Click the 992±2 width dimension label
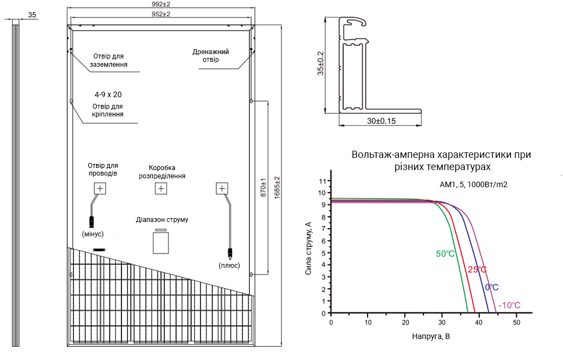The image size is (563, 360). (x=161, y=4)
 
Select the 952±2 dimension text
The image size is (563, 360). (x=161, y=14)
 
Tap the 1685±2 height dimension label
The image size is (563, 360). (x=277, y=187)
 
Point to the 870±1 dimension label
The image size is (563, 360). (x=263, y=187)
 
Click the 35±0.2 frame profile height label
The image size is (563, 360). (x=321, y=63)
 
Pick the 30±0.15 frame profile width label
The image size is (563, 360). (x=381, y=121)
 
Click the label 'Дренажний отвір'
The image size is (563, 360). (x=211, y=56)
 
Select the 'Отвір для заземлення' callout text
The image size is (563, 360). (x=108, y=60)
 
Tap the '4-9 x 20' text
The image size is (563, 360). (x=108, y=94)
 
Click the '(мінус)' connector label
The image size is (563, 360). (x=93, y=234)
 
